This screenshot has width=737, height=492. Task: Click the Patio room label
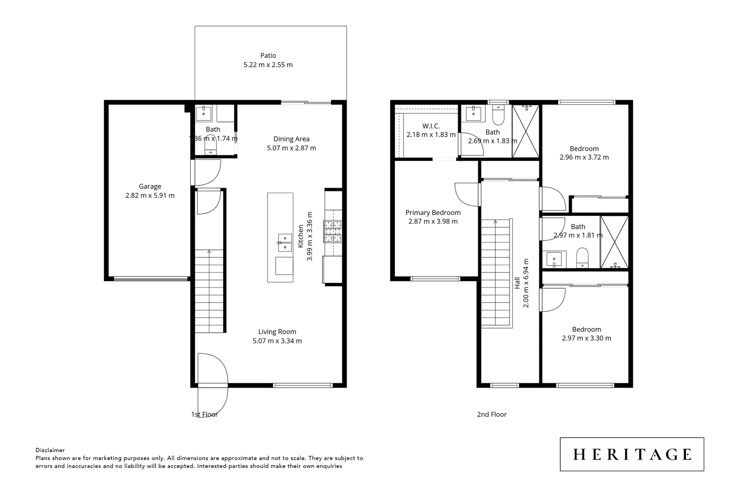[x=268, y=56]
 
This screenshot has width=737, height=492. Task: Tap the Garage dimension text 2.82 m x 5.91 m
[x=150, y=195]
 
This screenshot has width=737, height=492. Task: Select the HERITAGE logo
[x=632, y=454]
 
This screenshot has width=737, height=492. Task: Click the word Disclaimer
[x=50, y=450]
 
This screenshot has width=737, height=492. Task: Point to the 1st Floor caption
[x=204, y=414]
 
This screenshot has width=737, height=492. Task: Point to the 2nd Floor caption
[x=491, y=414]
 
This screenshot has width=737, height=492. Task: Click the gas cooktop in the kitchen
[x=333, y=231]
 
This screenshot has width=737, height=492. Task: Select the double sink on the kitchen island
[x=285, y=243]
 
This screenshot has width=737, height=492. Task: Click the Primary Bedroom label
[x=433, y=213]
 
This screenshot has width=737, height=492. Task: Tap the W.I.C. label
[x=431, y=126]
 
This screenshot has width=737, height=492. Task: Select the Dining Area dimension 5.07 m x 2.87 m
[x=291, y=148]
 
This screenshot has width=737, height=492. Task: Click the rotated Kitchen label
[x=301, y=236]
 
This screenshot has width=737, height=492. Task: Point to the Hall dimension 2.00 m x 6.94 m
[x=526, y=283]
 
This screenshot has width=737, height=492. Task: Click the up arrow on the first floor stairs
[x=209, y=252]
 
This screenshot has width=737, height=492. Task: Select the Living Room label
[x=277, y=332]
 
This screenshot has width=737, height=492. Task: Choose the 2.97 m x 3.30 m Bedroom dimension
[x=586, y=338]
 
